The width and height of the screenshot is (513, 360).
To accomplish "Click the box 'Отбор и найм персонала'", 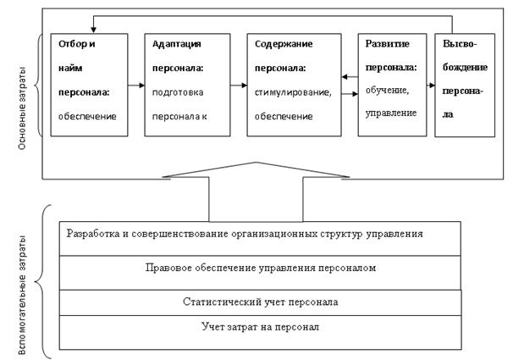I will [89, 84].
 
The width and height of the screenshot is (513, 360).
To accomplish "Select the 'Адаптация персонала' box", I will [186, 84].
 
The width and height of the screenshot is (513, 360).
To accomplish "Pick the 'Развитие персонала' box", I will [390, 84].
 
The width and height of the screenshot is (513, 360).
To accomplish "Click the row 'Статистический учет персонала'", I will [262, 302].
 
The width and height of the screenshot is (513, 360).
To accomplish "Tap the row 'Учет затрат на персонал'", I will [262, 325].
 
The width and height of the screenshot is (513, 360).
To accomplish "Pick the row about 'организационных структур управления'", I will [262, 232].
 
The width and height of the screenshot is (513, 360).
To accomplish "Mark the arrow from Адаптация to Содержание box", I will [240, 84].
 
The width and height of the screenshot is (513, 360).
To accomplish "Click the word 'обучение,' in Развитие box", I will [389, 91].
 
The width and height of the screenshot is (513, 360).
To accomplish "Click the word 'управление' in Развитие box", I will [389, 111].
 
